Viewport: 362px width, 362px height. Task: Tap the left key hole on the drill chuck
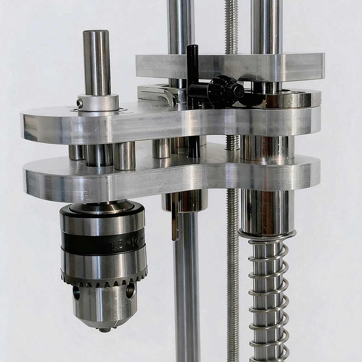coord(76,292)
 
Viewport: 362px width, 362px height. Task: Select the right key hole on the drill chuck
coord(130,290)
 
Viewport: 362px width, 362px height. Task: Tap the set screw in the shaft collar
coord(80,104)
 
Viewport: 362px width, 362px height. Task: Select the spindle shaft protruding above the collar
coord(96,62)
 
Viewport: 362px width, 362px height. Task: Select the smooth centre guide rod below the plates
coord(187,290)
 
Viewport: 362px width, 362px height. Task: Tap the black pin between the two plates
coord(194,146)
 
